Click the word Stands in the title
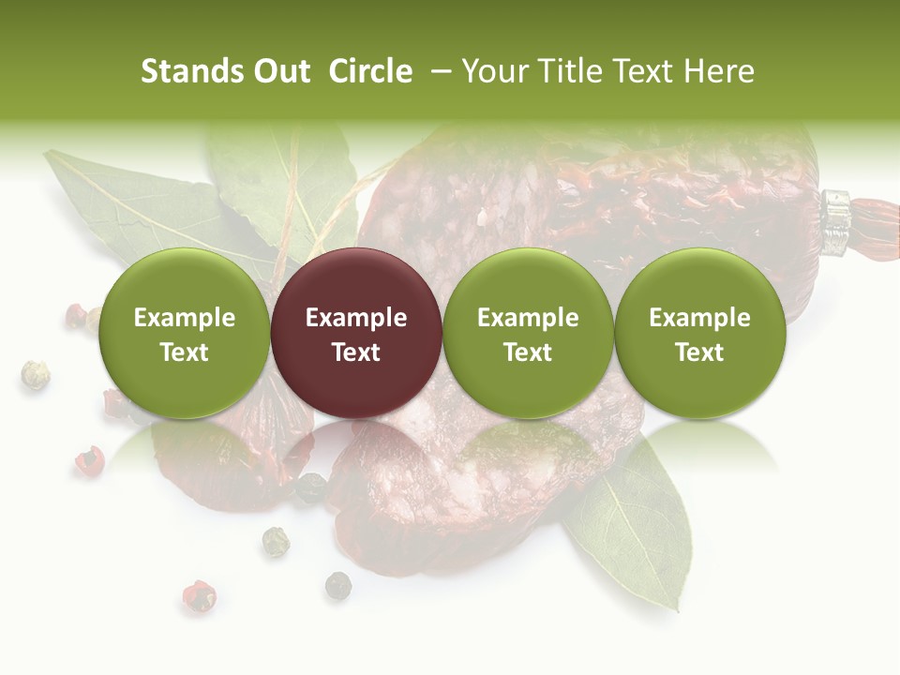pos(191,71)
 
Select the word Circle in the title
pos(370,71)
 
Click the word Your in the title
pos(493,71)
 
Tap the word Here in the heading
pos(719,71)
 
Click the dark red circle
pos(355,333)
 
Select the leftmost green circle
pos(184,333)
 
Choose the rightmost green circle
pos(699,333)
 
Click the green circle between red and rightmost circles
pos(528,333)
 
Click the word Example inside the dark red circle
pos(356,318)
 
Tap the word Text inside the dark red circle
pos(356,352)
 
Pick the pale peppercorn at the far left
pos(35,375)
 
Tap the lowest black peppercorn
pos(337,586)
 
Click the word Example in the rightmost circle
pos(699,318)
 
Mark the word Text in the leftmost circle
pos(184,352)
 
